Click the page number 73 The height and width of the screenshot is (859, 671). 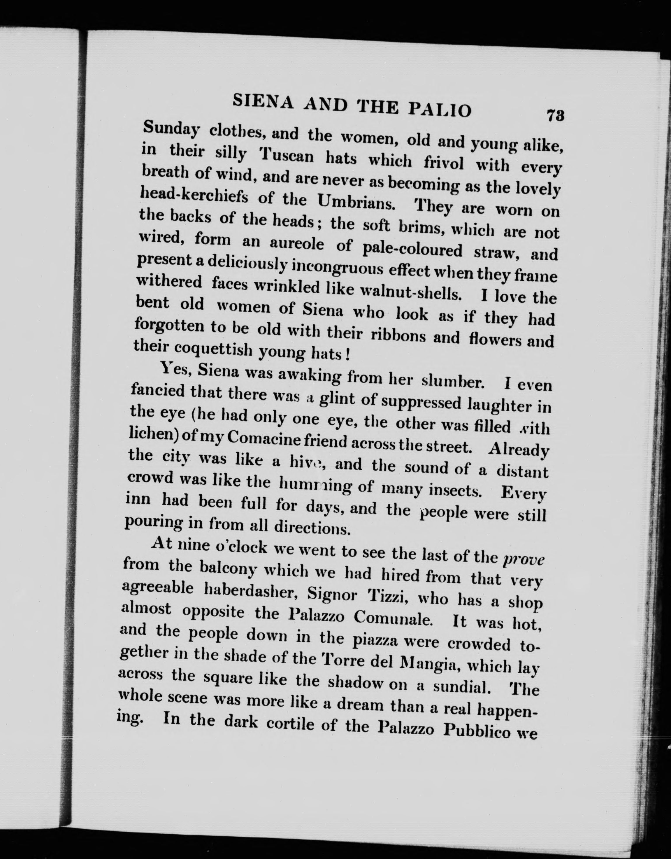click(x=555, y=116)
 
